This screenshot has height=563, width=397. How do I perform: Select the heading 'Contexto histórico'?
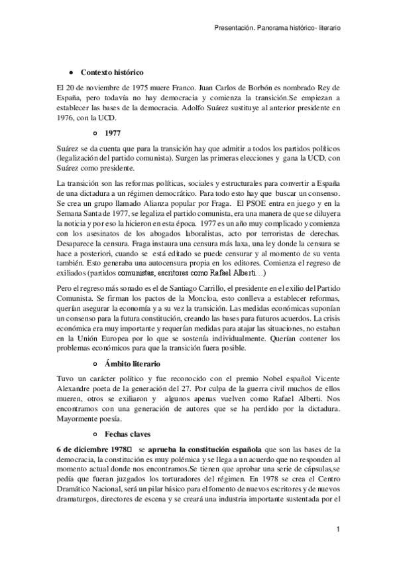[111, 72]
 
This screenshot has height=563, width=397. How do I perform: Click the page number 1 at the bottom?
[338, 528]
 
